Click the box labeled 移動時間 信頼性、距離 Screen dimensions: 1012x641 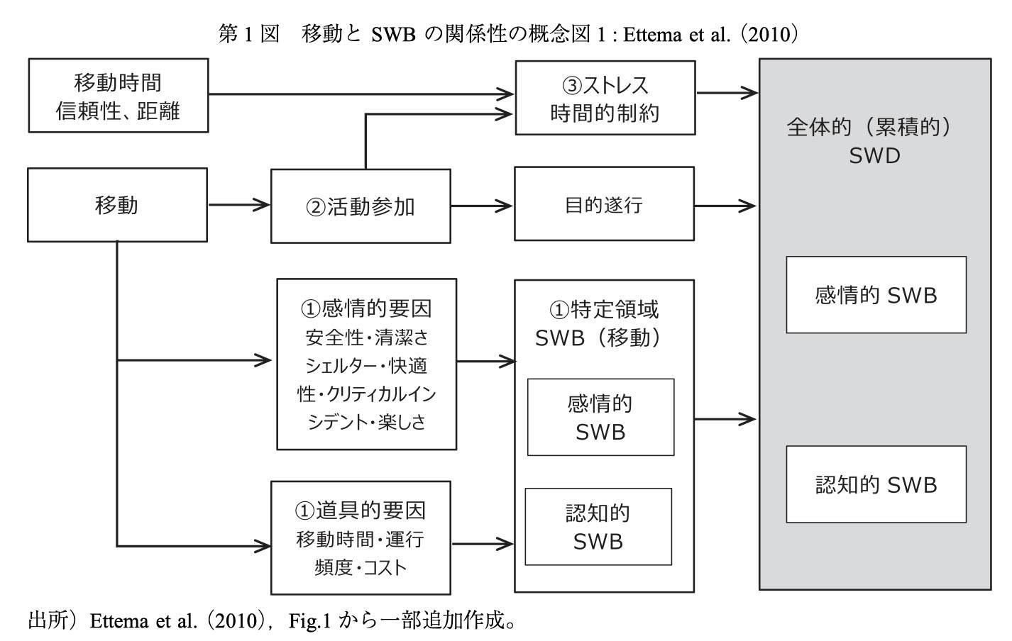coord(119,95)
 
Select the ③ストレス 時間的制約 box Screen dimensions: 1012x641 coord(605,98)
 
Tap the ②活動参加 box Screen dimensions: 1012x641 coord(361,206)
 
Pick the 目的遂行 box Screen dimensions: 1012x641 coord(605,204)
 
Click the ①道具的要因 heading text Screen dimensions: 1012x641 coord(361,511)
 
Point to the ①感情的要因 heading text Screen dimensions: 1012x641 coord(366,308)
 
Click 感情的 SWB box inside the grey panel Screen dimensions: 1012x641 coord(876,295)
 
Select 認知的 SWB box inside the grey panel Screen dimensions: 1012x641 coord(876,484)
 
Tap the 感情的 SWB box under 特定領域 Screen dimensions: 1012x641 coord(601,417)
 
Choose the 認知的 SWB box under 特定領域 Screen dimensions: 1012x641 coord(598,526)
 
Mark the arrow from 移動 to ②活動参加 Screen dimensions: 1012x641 coord(239,205)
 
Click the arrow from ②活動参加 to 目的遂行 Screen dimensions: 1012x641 coord(482,206)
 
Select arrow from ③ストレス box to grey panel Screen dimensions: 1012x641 coord(727,93)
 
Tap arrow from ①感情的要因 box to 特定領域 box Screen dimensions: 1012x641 coord(486,361)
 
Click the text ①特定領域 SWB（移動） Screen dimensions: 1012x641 coord(598,323)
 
